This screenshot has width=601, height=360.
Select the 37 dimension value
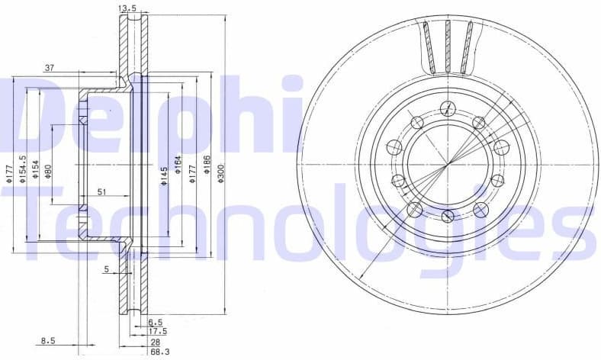pyautogui.click(x=50, y=68)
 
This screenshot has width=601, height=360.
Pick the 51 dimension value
pyautogui.click(x=101, y=192)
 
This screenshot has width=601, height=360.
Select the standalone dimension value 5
pyautogui.click(x=108, y=268)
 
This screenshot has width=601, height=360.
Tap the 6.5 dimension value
pyautogui.click(x=156, y=323)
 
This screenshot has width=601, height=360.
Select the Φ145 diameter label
pyautogui.click(x=163, y=177)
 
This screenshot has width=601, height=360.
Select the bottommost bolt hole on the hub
pyautogui.click(x=448, y=217)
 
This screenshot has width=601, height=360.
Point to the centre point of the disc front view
pyautogui.click(x=448, y=162)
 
